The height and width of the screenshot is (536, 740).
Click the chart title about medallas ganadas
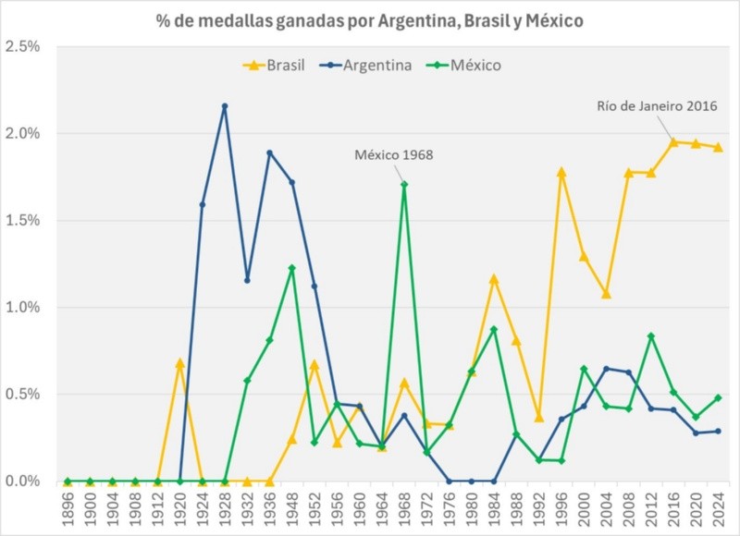[x=369, y=20]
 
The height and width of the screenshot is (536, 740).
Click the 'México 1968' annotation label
[x=394, y=154]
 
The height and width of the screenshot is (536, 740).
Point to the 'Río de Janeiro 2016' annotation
[x=657, y=105]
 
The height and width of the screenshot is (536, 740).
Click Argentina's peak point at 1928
[x=225, y=106]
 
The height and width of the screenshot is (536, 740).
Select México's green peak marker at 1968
[x=404, y=185]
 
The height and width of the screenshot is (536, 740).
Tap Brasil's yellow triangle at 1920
[x=180, y=363]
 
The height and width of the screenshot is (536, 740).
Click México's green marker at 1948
[x=292, y=268]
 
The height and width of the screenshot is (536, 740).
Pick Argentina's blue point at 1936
[x=269, y=152]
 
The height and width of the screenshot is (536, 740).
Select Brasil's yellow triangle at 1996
[x=561, y=172]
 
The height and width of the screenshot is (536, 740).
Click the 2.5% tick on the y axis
[x=23, y=46]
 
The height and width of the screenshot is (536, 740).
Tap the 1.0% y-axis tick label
[x=23, y=308]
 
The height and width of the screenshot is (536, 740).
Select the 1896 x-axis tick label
[x=67, y=508]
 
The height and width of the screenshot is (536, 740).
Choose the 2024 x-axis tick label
[x=718, y=508]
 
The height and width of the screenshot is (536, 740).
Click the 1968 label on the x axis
[x=404, y=508]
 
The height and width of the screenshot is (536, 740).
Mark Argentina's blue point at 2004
[x=606, y=369]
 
